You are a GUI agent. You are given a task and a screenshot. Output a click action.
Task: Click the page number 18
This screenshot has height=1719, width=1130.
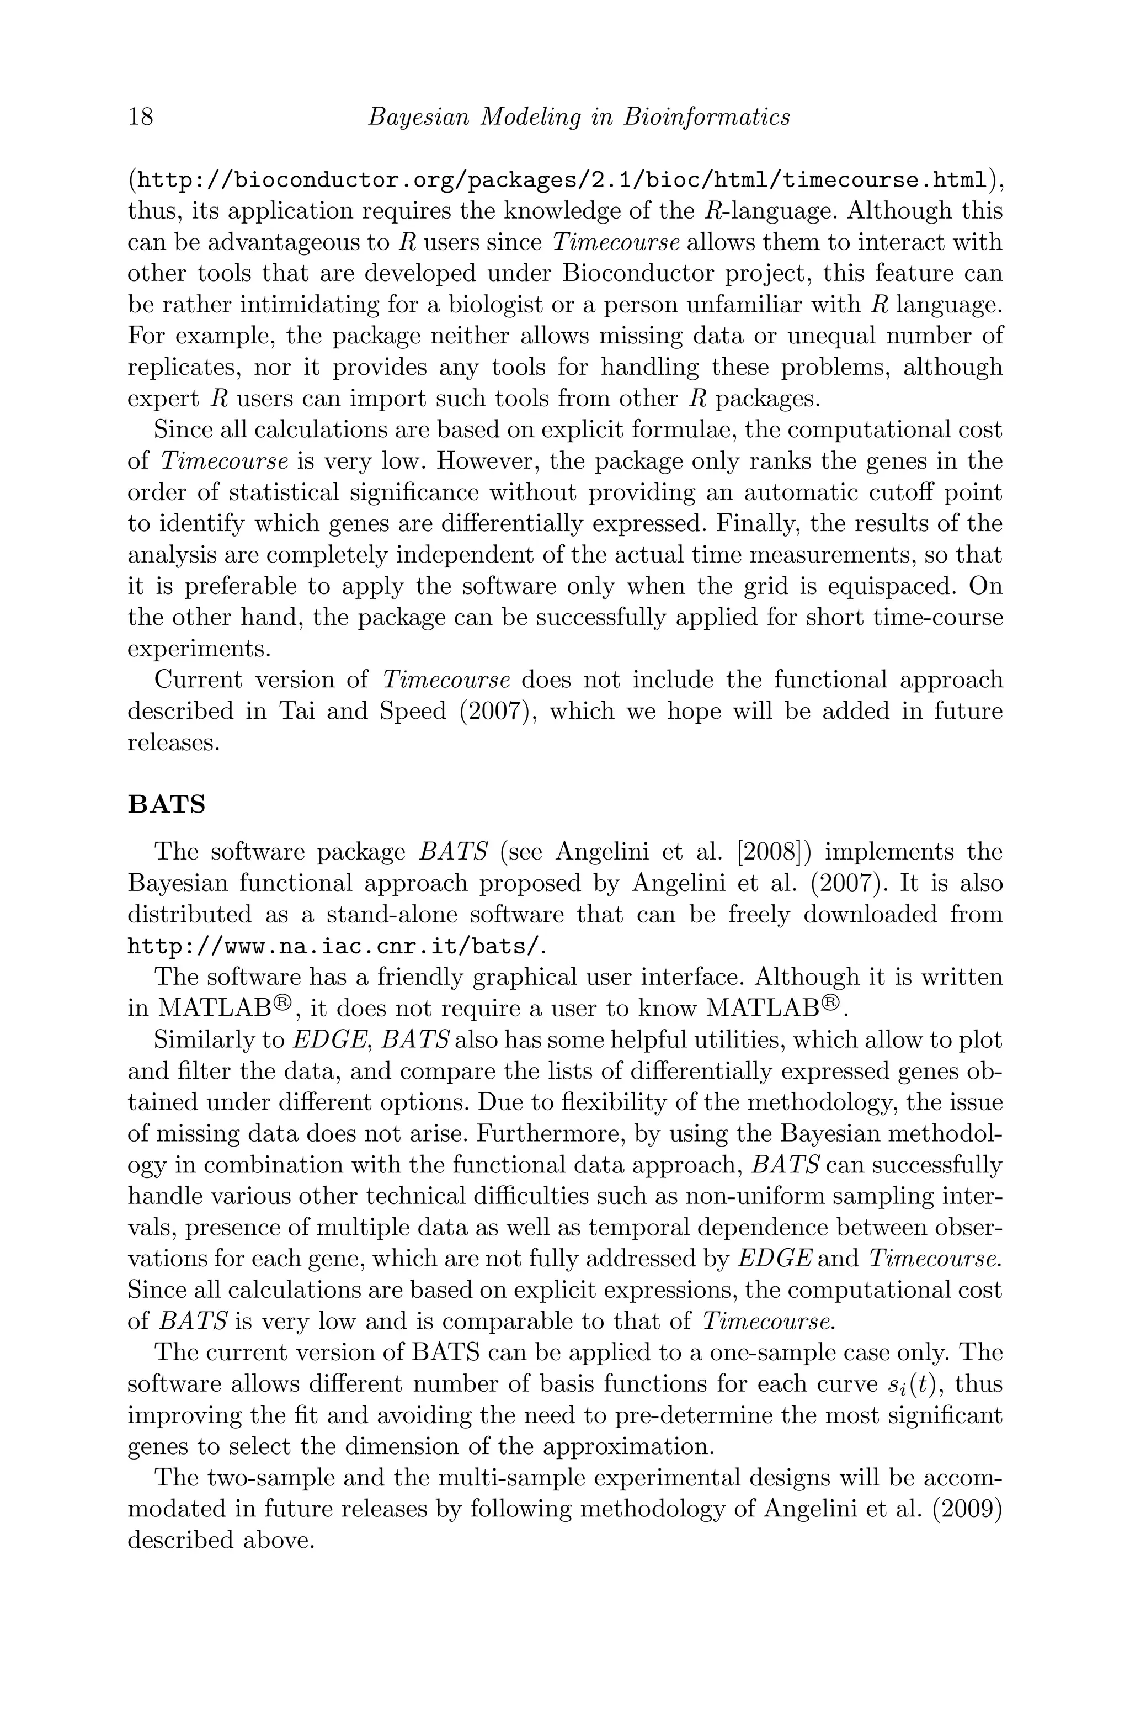point(141,116)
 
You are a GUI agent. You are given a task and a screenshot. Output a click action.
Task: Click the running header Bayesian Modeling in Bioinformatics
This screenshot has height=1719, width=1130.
point(578,116)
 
